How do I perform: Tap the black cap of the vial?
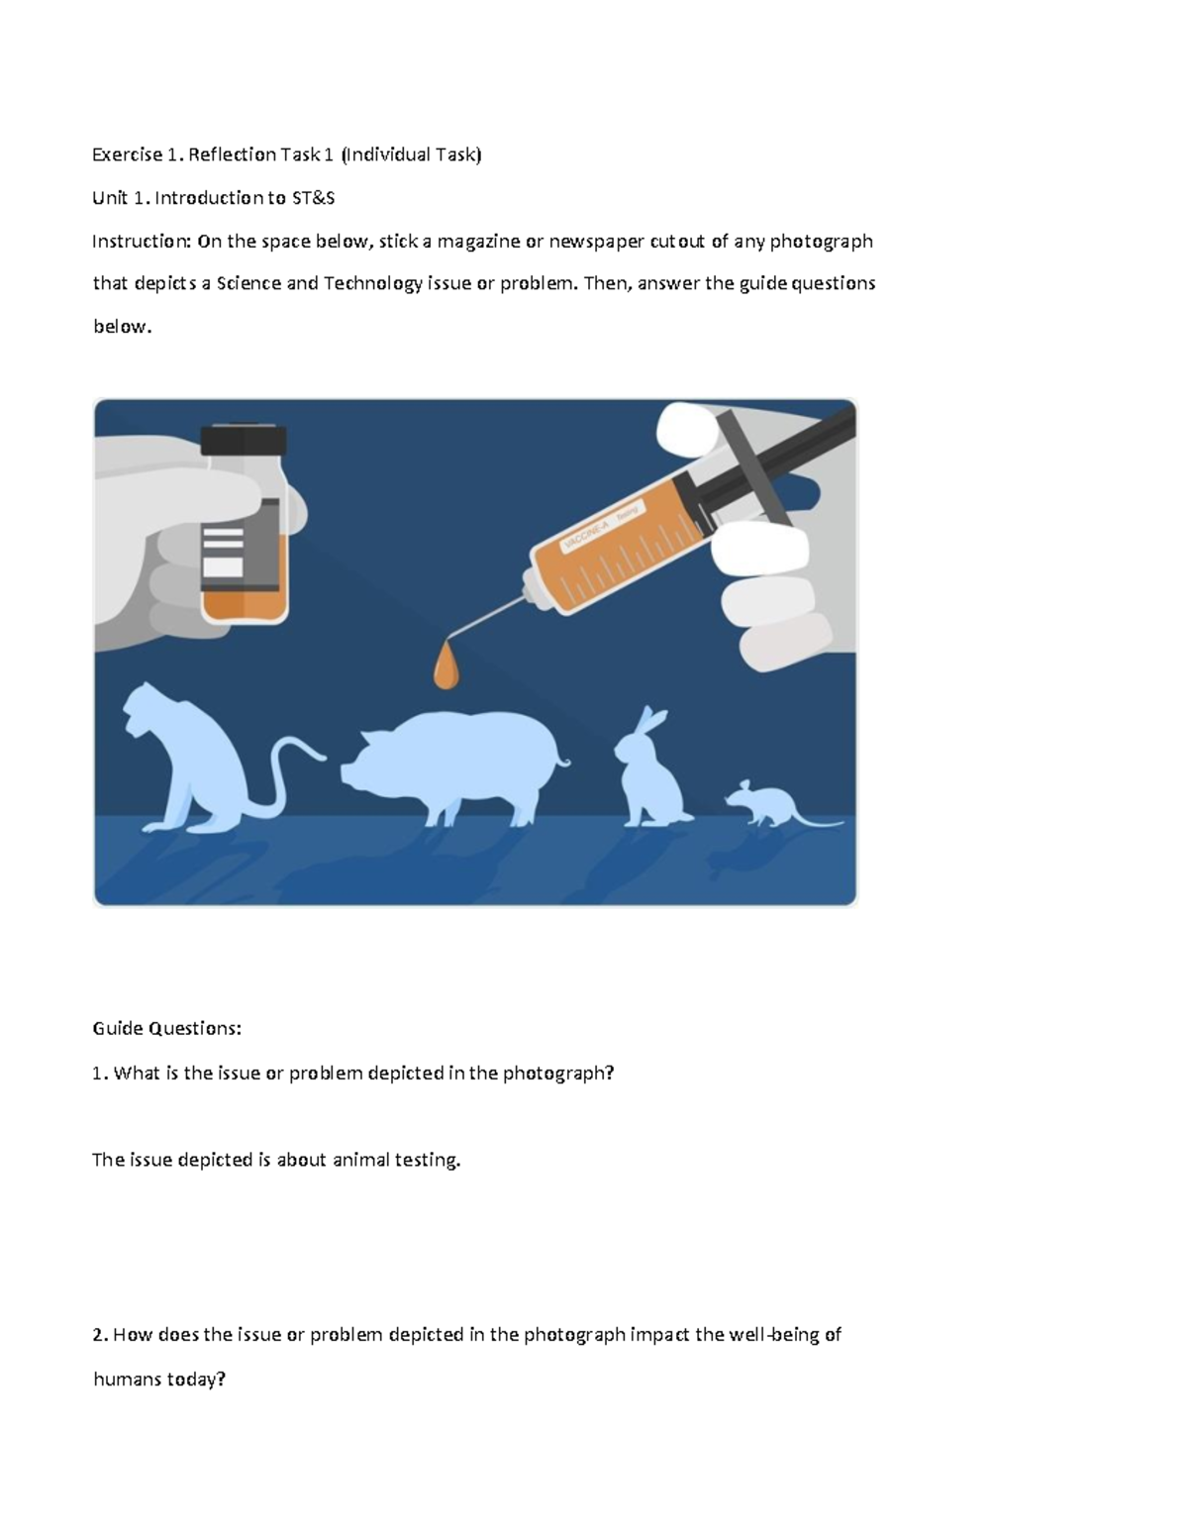coord(244,439)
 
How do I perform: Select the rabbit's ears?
coord(649,719)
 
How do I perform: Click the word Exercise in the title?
coord(127,154)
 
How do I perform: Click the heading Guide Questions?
coord(166,1028)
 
